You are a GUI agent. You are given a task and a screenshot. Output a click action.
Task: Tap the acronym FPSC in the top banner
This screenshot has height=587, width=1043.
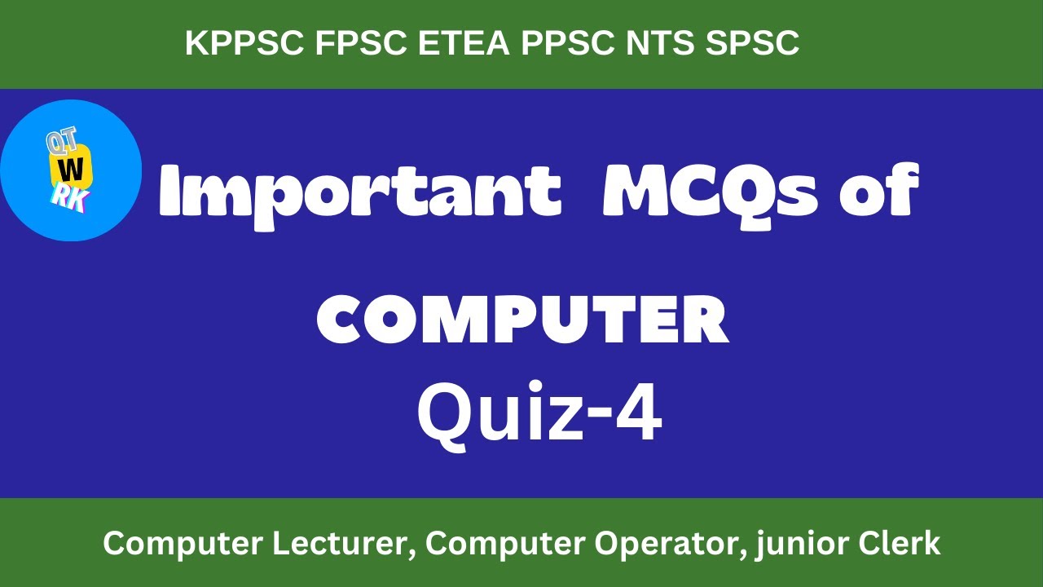pos(360,44)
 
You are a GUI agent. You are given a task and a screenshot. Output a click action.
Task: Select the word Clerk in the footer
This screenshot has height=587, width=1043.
pos(904,543)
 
